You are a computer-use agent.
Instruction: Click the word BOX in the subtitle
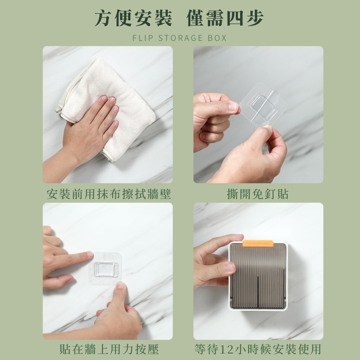pyautogui.click(x=217, y=38)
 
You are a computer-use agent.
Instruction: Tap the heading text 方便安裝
pyautogui.click(x=133, y=18)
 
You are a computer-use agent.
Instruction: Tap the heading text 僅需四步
pyautogui.click(x=225, y=18)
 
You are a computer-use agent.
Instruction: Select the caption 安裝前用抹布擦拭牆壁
pyautogui.click(x=109, y=194)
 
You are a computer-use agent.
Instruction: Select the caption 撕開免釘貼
pyautogui.click(x=258, y=194)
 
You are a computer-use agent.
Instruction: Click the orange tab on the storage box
pyautogui.click(x=258, y=243)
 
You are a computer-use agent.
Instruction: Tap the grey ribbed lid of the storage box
pyautogui.click(x=258, y=275)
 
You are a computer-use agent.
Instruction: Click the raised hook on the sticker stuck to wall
pyautogui.click(x=106, y=269)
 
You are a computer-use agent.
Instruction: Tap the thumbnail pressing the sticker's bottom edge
pyautogui.click(x=120, y=285)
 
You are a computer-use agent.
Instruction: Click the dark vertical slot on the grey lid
pyautogui.click(x=258, y=292)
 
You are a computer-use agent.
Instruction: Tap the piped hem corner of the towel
pyautogui.click(x=58, y=110)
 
